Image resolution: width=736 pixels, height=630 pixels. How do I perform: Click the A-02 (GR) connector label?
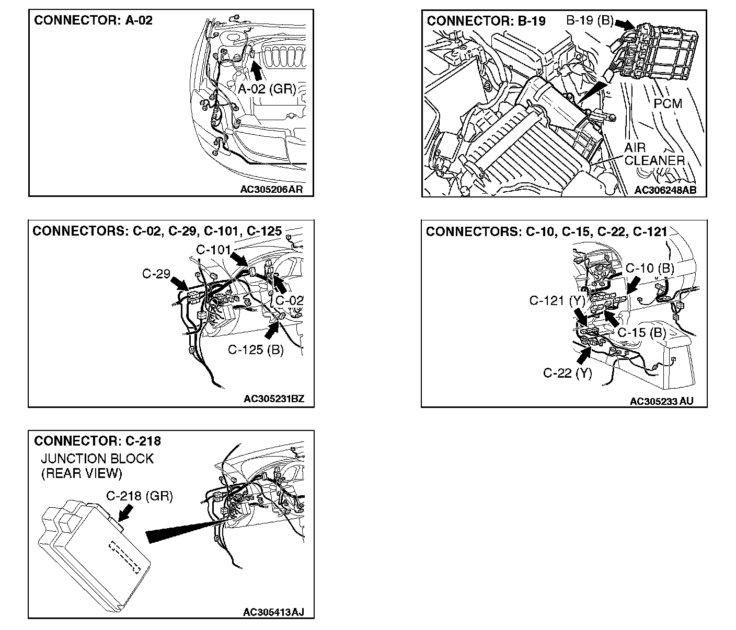pyautogui.click(x=267, y=89)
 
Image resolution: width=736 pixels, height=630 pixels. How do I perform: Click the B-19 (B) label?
pyautogui.click(x=589, y=21)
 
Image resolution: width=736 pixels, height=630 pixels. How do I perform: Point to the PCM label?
pyautogui.click(x=668, y=104)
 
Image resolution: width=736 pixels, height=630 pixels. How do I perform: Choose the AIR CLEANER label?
pyautogui.click(x=654, y=154)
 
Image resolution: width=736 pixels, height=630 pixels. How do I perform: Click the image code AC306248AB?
pyautogui.click(x=665, y=190)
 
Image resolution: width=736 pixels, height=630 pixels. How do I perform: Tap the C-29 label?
pyautogui.click(x=156, y=273)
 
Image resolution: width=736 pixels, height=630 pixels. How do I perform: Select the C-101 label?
pyautogui.click(x=213, y=249)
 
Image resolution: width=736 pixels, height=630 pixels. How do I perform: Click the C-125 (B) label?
pyautogui.click(x=256, y=349)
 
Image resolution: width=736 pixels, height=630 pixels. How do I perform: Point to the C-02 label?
pyautogui.click(x=289, y=300)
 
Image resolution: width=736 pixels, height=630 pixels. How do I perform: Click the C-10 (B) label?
pyautogui.click(x=650, y=269)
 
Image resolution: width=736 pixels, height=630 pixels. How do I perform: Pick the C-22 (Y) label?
pyautogui.click(x=568, y=373)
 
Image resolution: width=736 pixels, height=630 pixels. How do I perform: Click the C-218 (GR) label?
pyautogui.click(x=139, y=496)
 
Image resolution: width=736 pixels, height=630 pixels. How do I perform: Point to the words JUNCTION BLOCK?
pyautogui.click(x=97, y=459)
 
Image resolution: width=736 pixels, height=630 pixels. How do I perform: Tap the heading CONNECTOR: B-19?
pyautogui.click(x=486, y=21)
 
